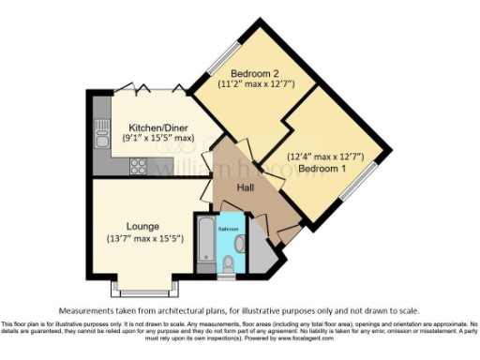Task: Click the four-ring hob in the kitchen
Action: tap(136, 166)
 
